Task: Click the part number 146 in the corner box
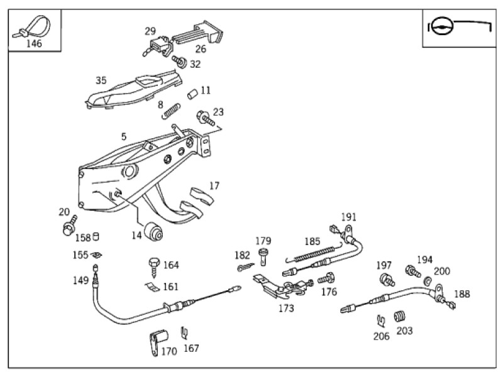coord(34,44)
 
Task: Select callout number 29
coord(150,31)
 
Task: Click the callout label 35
coord(101,80)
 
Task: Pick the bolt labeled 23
coord(206,118)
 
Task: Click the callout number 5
coord(124,136)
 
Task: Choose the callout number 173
coord(286,308)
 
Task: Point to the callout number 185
coord(312,241)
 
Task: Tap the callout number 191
coord(349,217)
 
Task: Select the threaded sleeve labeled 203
coord(399,316)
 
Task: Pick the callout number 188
coord(462,293)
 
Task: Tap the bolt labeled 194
coord(412,271)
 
